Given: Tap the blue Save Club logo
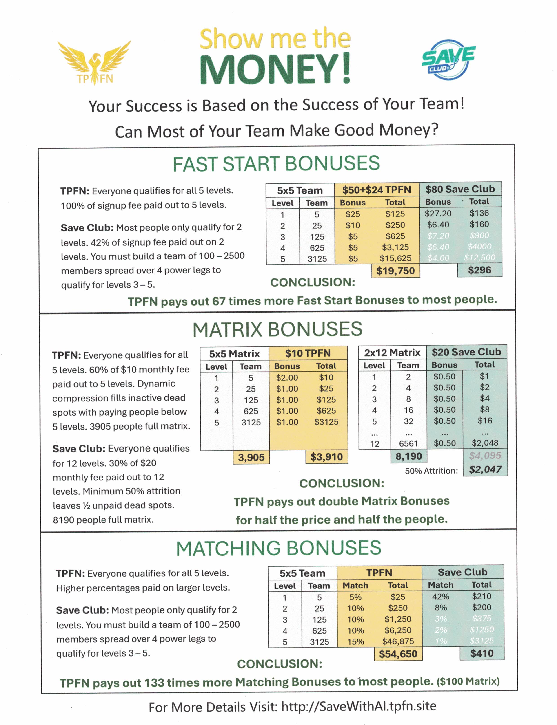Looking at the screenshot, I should (448, 60).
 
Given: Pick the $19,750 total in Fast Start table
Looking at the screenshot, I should (395, 271).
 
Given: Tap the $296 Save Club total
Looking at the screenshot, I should (479, 270).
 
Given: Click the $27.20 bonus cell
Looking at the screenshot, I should (438, 213).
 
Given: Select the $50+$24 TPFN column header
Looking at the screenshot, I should (377, 190).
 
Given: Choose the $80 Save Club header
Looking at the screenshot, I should (460, 189).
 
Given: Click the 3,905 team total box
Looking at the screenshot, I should (251, 457).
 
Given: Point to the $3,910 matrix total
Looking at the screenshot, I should (326, 457).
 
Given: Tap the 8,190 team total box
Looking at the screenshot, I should (409, 456).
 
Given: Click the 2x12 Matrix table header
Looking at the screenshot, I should (392, 353).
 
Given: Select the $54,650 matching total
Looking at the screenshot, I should (398, 654).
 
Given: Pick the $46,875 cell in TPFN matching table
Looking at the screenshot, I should (398, 641).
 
